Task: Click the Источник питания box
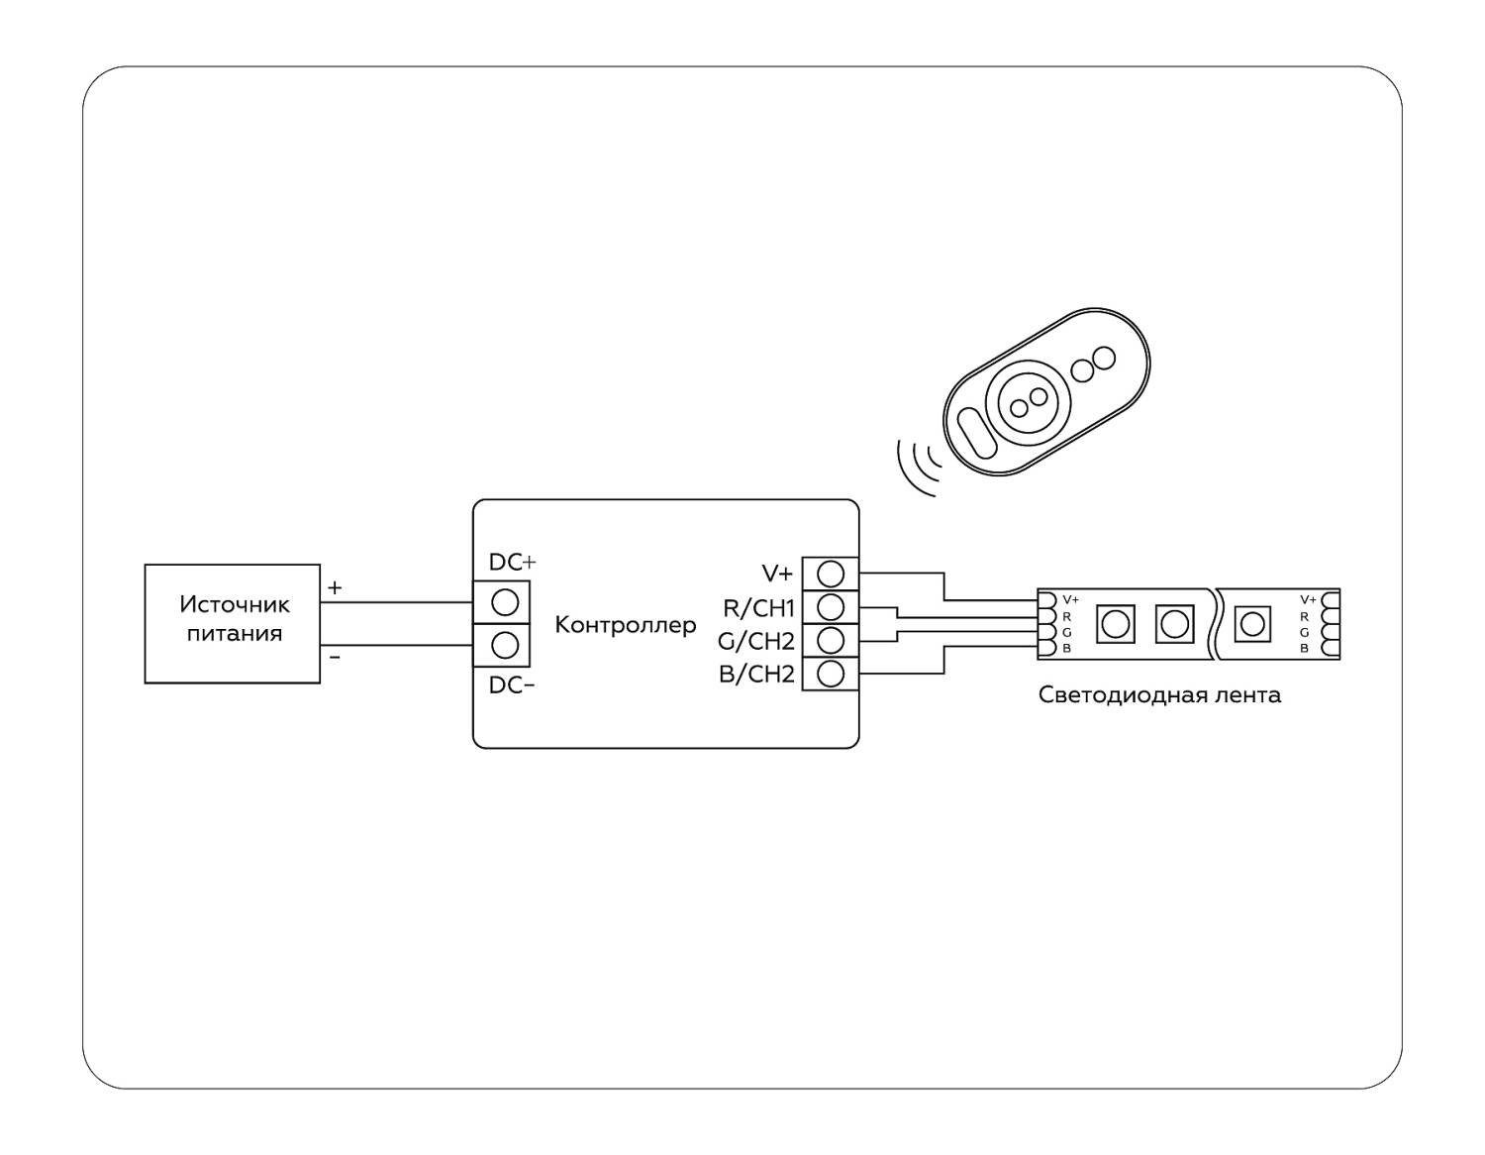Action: [x=233, y=623]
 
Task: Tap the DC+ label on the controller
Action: [x=512, y=562]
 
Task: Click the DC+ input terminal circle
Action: [x=505, y=602]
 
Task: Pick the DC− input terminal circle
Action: [x=505, y=645]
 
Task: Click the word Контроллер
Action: [x=625, y=625]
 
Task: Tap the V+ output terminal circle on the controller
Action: [x=831, y=573]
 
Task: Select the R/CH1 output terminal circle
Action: [x=831, y=606]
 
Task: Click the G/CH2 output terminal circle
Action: [x=831, y=639]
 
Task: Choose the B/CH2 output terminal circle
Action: [x=831, y=674]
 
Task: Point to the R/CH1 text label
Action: [x=759, y=608]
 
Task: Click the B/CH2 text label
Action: [x=756, y=675]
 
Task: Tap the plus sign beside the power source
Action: [x=335, y=588]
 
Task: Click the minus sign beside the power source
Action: [x=335, y=657]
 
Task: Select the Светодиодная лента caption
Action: [x=1159, y=695]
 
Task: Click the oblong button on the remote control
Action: [x=976, y=435]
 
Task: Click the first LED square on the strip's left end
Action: [x=1116, y=624]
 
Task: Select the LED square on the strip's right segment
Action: [x=1252, y=624]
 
